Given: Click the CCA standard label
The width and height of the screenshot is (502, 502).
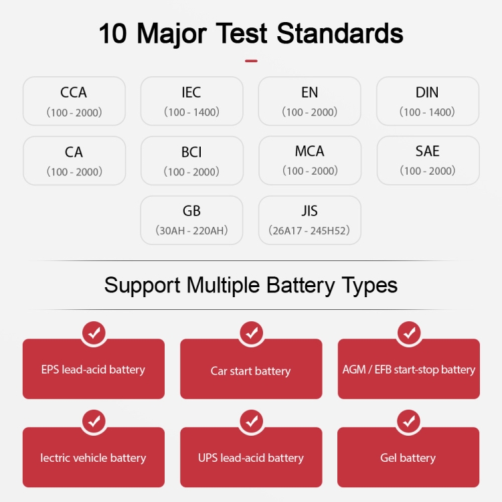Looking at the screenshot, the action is pyautogui.click(x=74, y=92).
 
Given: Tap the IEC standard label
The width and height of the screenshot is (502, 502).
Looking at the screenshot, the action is pyautogui.click(x=191, y=92).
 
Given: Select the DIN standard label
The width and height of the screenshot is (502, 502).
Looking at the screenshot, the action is pyautogui.click(x=427, y=92).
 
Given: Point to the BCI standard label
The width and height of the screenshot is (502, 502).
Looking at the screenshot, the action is pyautogui.click(x=191, y=152).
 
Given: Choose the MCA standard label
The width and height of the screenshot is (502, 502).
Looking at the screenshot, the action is pyautogui.click(x=310, y=151).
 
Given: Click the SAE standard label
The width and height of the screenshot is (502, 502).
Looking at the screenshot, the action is pyautogui.click(x=428, y=151).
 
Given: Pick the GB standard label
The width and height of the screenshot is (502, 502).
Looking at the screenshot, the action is pyautogui.click(x=191, y=211).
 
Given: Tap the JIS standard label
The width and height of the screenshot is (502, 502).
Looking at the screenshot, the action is pyautogui.click(x=310, y=211).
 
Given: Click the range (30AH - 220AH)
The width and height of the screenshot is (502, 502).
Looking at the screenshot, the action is pyautogui.click(x=191, y=230).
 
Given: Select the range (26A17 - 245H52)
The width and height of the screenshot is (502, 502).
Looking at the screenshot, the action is pyautogui.click(x=309, y=230).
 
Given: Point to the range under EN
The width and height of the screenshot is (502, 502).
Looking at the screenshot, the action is pyautogui.click(x=310, y=112).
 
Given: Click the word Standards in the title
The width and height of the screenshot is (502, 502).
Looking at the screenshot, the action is pyautogui.click(x=340, y=33).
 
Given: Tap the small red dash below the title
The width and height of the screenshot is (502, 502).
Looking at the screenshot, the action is pyautogui.click(x=251, y=61).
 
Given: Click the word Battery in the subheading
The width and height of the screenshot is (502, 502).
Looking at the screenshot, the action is pyautogui.click(x=301, y=285).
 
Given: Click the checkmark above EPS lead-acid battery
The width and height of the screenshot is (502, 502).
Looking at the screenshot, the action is pyautogui.click(x=94, y=333).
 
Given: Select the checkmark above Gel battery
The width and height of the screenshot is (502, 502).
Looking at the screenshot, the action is pyautogui.click(x=409, y=421).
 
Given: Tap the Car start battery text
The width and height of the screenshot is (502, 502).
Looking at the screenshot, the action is pyautogui.click(x=251, y=371).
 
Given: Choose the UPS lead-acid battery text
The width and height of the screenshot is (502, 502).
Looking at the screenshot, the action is pyautogui.click(x=251, y=458).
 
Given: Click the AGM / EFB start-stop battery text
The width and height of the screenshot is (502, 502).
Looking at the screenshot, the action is pyautogui.click(x=409, y=369).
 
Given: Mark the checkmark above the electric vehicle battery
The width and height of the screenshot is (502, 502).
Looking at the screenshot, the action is pyautogui.click(x=94, y=421).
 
